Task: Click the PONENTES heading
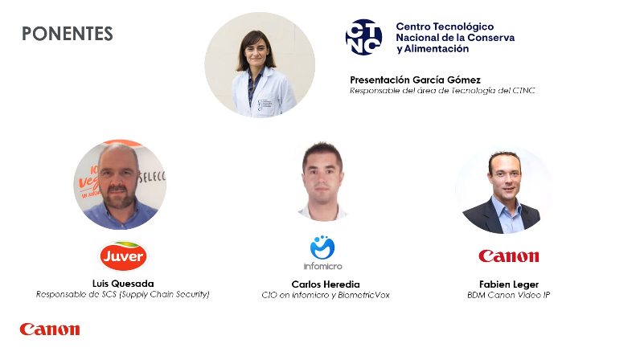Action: point(68,34)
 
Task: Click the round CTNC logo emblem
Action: point(363,37)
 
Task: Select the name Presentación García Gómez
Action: point(415,80)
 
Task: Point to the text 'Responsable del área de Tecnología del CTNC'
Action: point(442,91)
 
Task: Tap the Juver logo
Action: point(123,256)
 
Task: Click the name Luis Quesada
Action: point(123,284)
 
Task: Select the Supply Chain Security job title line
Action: point(122,294)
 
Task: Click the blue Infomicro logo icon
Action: point(322,247)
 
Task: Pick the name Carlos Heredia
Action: point(326,284)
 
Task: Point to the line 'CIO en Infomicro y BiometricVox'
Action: point(326,295)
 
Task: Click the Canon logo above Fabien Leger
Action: point(509,256)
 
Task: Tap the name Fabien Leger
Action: point(509,284)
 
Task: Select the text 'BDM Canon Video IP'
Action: point(509,295)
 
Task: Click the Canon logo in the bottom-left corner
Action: point(50,329)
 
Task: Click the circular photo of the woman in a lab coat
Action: point(260,65)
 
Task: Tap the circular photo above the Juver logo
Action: point(120,185)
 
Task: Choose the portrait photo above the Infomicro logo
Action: point(322,182)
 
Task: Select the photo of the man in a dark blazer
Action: point(504,190)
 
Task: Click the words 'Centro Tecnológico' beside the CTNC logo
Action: point(445,27)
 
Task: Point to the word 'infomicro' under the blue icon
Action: point(322,266)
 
